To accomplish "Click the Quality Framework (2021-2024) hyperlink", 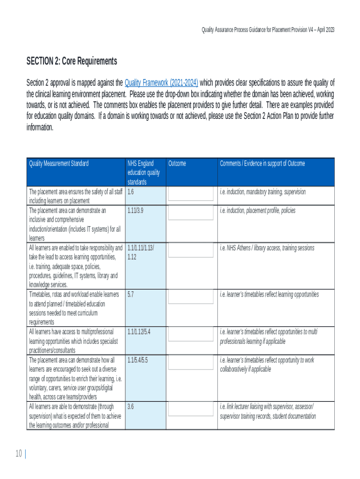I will coord(161,83).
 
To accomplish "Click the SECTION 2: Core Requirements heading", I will coord(72,61).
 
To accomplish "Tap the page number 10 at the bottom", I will coord(19,453).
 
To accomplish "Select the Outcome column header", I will coord(177,163).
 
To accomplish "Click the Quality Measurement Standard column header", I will coord(59,163).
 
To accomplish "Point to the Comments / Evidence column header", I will coord(262,163).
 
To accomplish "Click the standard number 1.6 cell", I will coord(130,192).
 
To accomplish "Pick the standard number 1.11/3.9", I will coord(135,210).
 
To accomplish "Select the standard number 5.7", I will coord(130,295).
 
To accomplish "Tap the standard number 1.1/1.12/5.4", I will coord(138,332).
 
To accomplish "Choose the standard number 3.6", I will coord(130,406).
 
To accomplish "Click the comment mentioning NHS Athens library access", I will coord(267,248).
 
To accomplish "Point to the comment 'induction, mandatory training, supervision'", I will coord(263,192).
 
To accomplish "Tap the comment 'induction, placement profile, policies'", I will coord(258,210).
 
